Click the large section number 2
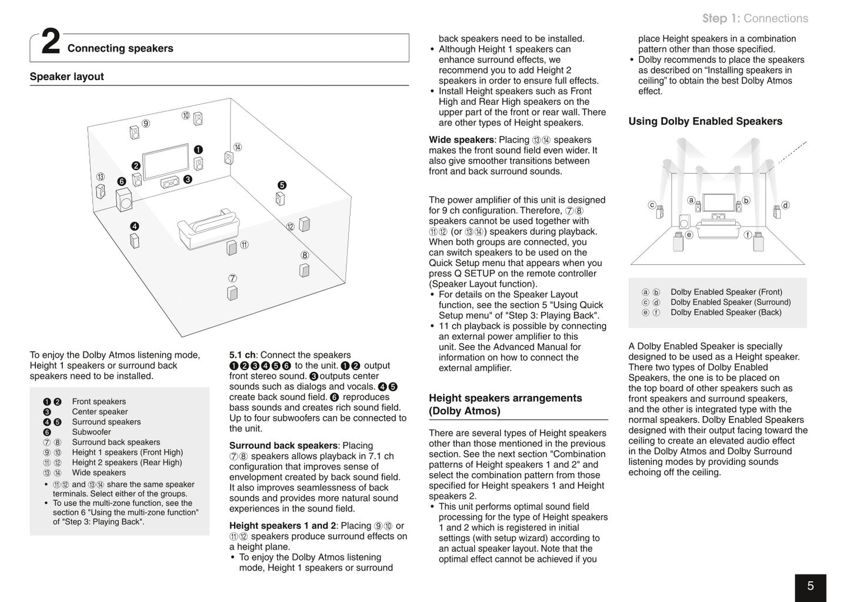point(51,44)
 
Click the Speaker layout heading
point(66,77)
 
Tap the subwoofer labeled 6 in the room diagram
point(124,200)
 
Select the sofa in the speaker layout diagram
point(208,226)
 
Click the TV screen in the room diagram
point(166,161)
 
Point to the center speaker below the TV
point(170,183)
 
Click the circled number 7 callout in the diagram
point(233,278)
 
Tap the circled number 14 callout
point(237,147)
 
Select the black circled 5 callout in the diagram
point(282,185)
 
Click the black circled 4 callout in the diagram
point(135,226)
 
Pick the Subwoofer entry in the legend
point(91,432)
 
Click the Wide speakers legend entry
point(99,473)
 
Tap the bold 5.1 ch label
point(242,355)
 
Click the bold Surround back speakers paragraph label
point(283,445)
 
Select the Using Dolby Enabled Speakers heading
point(705,121)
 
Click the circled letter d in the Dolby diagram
point(785,205)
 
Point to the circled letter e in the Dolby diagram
point(689,234)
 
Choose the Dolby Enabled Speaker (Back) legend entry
point(726,312)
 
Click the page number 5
point(810,586)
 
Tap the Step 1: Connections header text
point(755,18)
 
